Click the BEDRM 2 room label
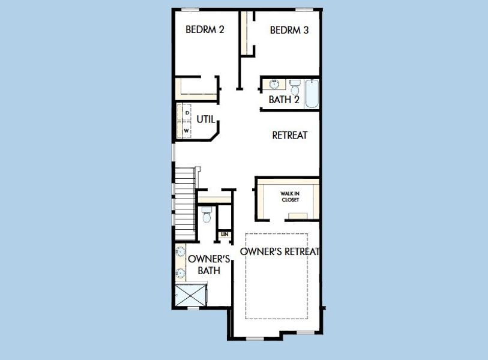[205, 29]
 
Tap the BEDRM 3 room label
[289, 29]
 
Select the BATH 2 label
[283, 100]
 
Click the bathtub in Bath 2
[311, 93]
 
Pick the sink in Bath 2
[274, 84]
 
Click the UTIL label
[205, 119]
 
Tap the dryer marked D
[187, 112]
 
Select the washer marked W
[187, 130]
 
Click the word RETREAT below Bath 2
[289, 135]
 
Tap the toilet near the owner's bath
[206, 214]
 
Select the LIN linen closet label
[224, 234]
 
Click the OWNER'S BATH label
[209, 265]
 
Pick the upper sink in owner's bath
[180, 253]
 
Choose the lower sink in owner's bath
[180, 274]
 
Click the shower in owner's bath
[190, 296]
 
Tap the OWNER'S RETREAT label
[280, 251]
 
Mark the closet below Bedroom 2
[197, 88]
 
